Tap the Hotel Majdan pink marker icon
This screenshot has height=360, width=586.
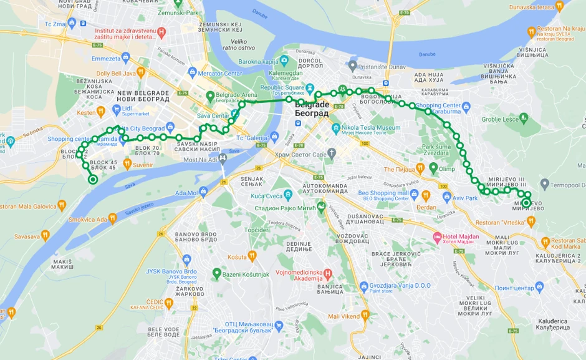click(x=436, y=237)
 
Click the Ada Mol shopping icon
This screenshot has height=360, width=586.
click(x=203, y=192)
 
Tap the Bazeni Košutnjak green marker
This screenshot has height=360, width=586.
click(x=216, y=273)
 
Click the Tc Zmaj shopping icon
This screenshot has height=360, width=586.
click(x=72, y=22)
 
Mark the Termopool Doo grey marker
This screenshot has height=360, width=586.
click(x=545, y=184)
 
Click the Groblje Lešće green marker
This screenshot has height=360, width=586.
click(x=523, y=117)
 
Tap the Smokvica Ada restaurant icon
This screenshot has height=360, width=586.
click(x=112, y=218)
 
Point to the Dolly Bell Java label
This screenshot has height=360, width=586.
click(x=116, y=73)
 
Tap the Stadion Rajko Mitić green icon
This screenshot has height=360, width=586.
click(x=322, y=207)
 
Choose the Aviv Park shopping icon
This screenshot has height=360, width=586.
click(x=446, y=197)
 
